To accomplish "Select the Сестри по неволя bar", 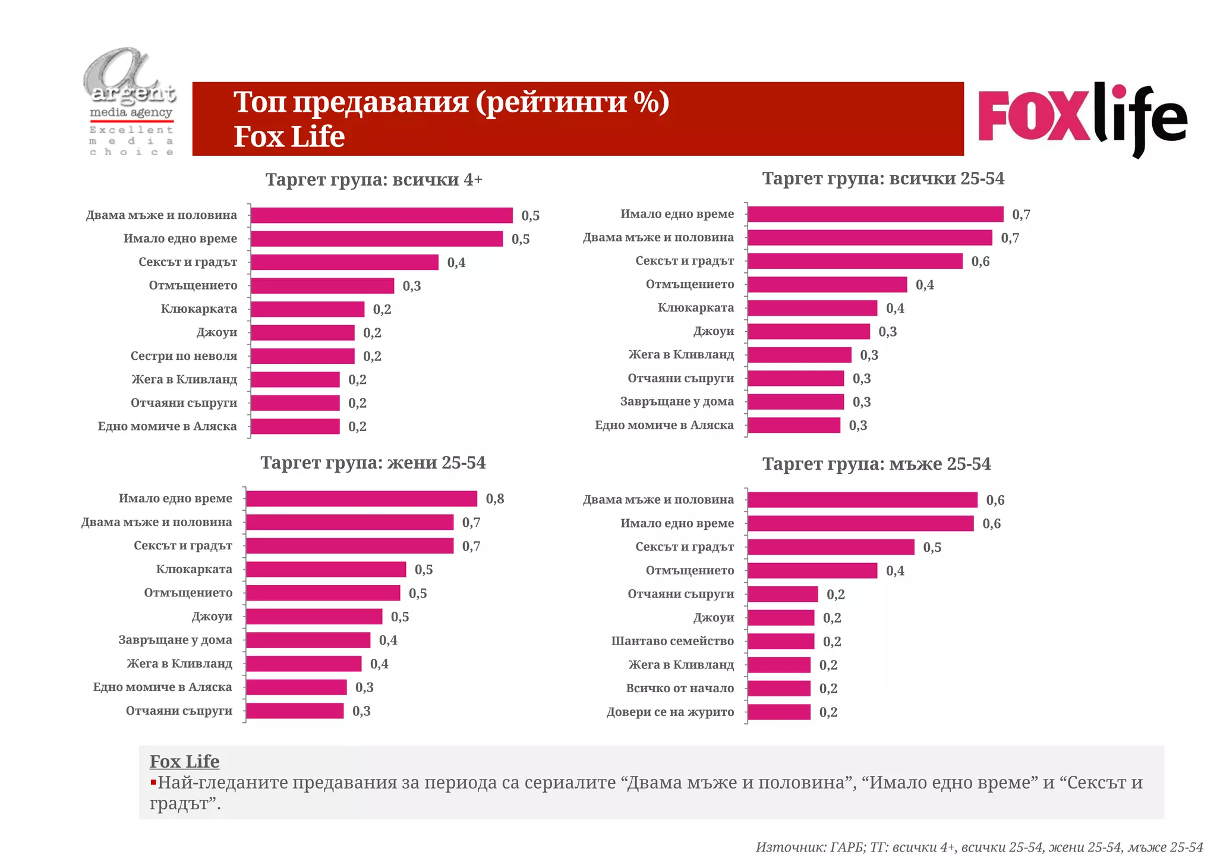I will (302, 356).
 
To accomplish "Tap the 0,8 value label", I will (494, 499).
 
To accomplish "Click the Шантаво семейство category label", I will (672, 641).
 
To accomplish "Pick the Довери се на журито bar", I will (779, 712).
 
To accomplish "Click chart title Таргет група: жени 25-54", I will (373, 463).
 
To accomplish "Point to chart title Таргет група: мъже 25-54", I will (876, 464).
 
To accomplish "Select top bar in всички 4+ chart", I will (382, 215).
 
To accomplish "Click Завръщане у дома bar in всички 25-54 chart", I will (796, 402).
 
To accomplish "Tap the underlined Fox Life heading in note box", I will (184, 761).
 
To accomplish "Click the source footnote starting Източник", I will (979, 847).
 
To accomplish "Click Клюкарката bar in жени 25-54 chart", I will (326, 569).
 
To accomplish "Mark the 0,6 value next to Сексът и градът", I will (980, 262).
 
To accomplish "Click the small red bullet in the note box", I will (153, 782).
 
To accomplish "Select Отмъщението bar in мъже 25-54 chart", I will (812, 571).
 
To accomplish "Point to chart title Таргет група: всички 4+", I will (373, 180).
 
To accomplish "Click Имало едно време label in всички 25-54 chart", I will (677, 214).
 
